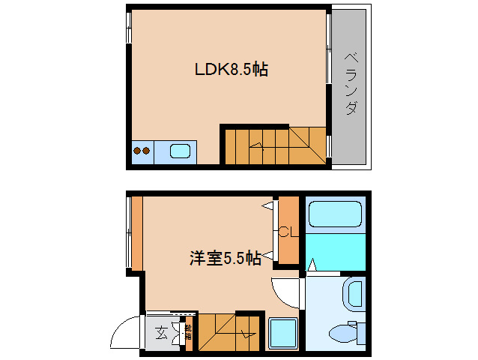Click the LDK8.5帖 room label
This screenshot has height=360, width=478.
232,70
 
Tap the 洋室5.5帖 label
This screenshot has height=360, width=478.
225,259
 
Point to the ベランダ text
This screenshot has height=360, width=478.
350,83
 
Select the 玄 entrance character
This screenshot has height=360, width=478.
162,333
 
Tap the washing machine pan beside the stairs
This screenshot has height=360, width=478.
283,332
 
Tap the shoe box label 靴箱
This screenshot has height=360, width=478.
188,332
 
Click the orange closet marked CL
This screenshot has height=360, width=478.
288,240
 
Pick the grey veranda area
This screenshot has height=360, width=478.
350,112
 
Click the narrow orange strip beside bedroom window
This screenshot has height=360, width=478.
136,232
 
